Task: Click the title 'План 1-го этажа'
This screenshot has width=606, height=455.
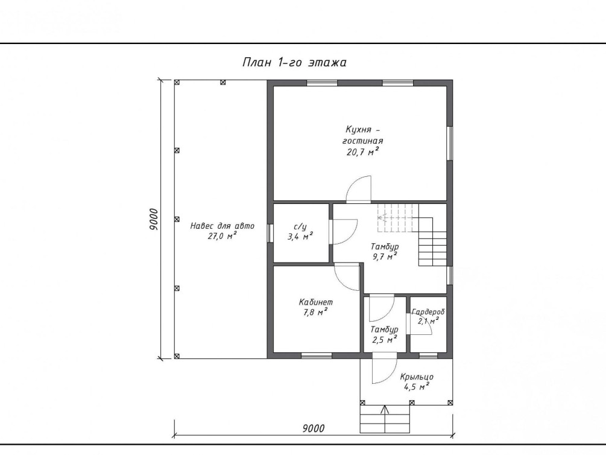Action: point(294,62)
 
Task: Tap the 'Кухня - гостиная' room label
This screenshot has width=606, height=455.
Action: point(362,135)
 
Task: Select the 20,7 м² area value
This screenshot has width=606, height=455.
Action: point(362,151)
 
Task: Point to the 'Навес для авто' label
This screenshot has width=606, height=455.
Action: point(223,226)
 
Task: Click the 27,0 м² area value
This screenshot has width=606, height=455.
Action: point(223,236)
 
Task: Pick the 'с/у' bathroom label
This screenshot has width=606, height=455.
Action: point(300,227)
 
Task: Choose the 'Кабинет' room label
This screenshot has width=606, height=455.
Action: point(316,302)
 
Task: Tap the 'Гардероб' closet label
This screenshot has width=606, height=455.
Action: point(428,312)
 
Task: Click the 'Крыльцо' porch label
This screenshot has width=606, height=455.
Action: point(417,377)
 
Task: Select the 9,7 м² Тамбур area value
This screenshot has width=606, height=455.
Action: point(385,256)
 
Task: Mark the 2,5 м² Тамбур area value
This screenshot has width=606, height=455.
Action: point(385,340)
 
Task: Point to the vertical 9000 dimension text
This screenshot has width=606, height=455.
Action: point(153,220)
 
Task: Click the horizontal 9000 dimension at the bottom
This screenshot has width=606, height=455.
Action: point(314,428)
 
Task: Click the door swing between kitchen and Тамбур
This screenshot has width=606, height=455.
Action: point(359,189)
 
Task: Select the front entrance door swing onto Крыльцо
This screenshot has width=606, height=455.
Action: point(385,368)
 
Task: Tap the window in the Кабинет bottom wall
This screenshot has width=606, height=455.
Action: point(317,355)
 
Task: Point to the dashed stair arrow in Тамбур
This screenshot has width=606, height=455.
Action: point(398,217)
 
